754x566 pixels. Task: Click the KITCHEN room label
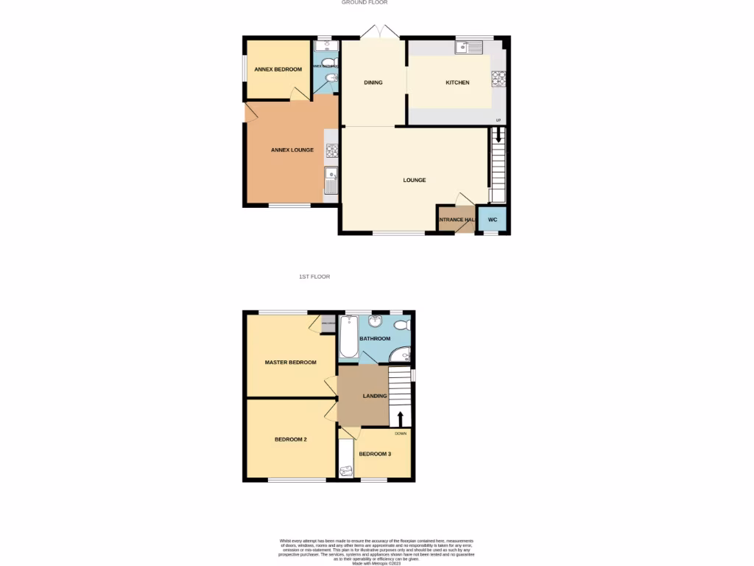pyautogui.click(x=457, y=83)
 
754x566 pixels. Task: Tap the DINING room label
pyautogui.click(x=373, y=83)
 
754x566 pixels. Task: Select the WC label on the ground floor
pyautogui.click(x=493, y=220)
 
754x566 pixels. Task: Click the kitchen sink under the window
pyautogui.click(x=468, y=48)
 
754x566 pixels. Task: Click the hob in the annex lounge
pyautogui.click(x=331, y=150)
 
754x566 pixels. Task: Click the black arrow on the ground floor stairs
pyautogui.click(x=498, y=136)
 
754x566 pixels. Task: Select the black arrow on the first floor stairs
pyautogui.click(x=401, y=418)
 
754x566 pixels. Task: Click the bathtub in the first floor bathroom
pyautogui.click(x=349, y=337)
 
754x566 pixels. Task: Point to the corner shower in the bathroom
pyautogui.click(x=401, y=356)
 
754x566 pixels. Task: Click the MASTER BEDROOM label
pyautogui.click(x=291, y=363)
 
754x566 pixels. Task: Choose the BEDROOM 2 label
pyautogui.click(x=291, y=439)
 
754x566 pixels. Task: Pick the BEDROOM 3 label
pyautogui.click(x=375, y=454)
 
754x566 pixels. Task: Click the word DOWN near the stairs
pyautogui.click(x=401, y=433)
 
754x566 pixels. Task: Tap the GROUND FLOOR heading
pyautogui.click(x=364, y=3)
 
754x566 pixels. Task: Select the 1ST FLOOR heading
pyautogui.click(x=314, y=276)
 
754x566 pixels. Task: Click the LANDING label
pyautogui.click(x=375, y=396)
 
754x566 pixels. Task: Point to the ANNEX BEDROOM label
pyautogui.click(x=278, y=69)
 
